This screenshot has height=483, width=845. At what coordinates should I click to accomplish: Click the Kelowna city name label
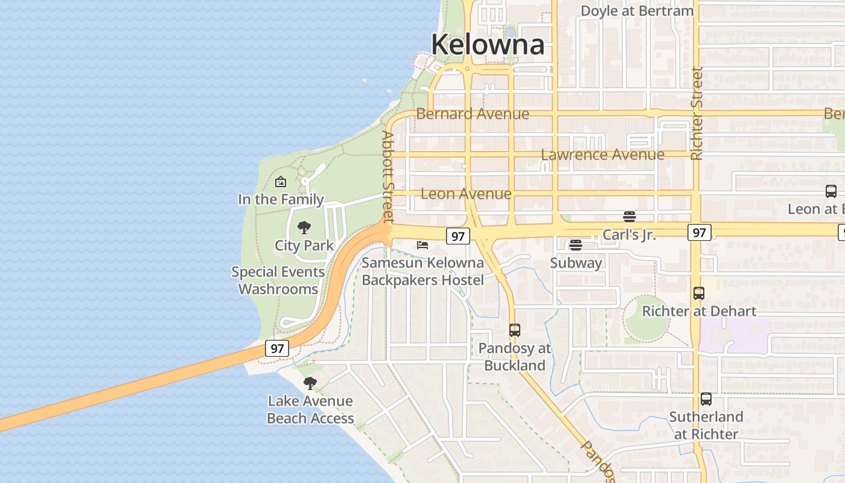click(x=488, y=45)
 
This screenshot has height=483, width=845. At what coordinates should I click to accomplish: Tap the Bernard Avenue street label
click(x=473, y=114)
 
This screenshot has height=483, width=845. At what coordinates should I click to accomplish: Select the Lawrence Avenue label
click(x=602, y=155)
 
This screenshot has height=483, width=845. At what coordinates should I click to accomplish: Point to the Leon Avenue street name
click(x=466, y=194)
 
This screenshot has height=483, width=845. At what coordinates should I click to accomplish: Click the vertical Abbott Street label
click(x=387, y=176)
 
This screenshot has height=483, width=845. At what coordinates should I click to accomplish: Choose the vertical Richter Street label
click(x=697, y=114)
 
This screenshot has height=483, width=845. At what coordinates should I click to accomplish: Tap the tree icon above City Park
click(x=304, y=228)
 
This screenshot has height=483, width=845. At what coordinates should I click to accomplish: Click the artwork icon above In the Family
click(x=281, y=182)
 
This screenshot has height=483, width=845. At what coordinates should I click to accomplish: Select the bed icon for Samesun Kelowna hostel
click(x=422, y=245)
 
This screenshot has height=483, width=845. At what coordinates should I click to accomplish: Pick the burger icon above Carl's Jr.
click(x=630, y=217)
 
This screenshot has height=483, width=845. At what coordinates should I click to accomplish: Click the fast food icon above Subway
click(x=576, y=245)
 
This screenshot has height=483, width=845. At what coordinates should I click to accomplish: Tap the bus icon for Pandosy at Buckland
click(x=515, y=330)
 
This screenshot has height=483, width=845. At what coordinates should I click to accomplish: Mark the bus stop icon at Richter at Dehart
click(x=699, y=293)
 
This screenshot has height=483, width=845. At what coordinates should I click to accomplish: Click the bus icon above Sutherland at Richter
click(x=706, y=399)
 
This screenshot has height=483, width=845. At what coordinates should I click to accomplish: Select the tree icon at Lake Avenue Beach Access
click(x=310, y=383)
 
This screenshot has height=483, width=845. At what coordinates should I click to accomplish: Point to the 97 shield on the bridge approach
click(x=277, y=348)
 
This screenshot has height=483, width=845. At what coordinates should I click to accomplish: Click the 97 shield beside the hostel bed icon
click(x=458, y=236)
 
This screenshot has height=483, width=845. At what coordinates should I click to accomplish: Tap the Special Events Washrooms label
click(x=278, y=280)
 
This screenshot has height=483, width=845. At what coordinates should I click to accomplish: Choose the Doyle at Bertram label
click(x=637, y=11)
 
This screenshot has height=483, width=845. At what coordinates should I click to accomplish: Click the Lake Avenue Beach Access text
click(x=310, y=409)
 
